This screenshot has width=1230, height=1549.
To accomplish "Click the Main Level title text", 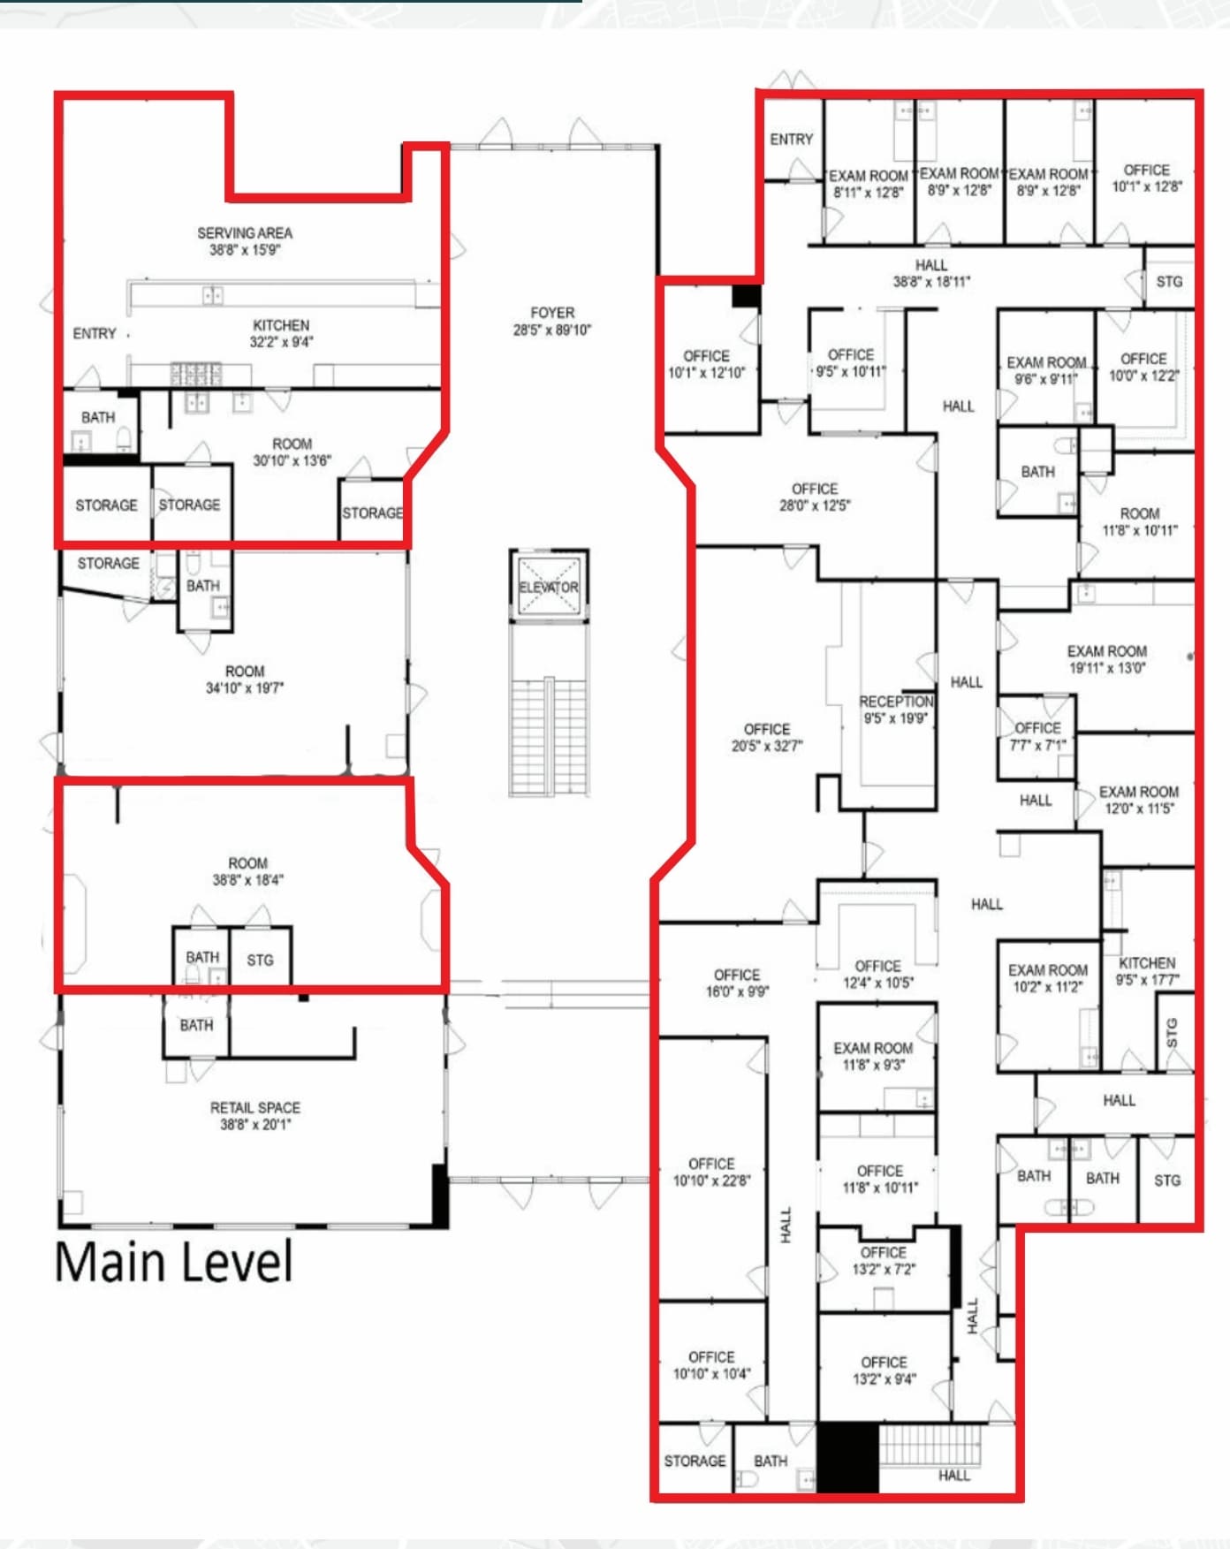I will pos(173,1262).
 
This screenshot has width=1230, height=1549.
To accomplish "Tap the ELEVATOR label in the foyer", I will pos(549,587).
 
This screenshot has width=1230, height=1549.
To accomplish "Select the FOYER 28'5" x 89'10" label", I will pos(552,321).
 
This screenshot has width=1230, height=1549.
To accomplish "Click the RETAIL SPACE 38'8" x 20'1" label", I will pos(255,1115).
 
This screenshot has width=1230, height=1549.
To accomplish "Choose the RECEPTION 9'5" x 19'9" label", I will pos(896,710).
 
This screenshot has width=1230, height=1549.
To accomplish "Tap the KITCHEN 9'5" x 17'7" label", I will pos(1147,970).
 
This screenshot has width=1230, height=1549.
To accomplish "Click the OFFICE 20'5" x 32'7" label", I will pos(766,737).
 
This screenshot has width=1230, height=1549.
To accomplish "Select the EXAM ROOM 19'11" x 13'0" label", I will pos(1106,659).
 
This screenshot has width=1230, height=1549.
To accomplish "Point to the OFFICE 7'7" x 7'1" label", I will pos(1037,735).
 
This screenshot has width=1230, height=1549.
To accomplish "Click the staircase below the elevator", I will pos(549,738).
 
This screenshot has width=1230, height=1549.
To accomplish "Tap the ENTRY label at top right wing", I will pos(791,139).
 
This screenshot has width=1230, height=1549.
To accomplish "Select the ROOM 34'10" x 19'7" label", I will pos(245,679).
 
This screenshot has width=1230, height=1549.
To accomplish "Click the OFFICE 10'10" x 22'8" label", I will pos(711,1172).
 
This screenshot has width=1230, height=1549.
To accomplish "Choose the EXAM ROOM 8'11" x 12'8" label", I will pos(868,184).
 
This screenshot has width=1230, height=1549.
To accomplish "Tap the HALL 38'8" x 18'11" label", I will pos(931,273).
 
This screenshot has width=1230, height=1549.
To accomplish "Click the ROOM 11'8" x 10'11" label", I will pos(1140,521).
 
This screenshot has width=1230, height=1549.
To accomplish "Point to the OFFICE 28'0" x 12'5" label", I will pos(814,497).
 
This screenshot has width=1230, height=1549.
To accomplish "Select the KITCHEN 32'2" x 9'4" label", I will pos(281,333).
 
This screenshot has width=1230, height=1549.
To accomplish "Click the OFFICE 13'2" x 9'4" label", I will pos(884,1370).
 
